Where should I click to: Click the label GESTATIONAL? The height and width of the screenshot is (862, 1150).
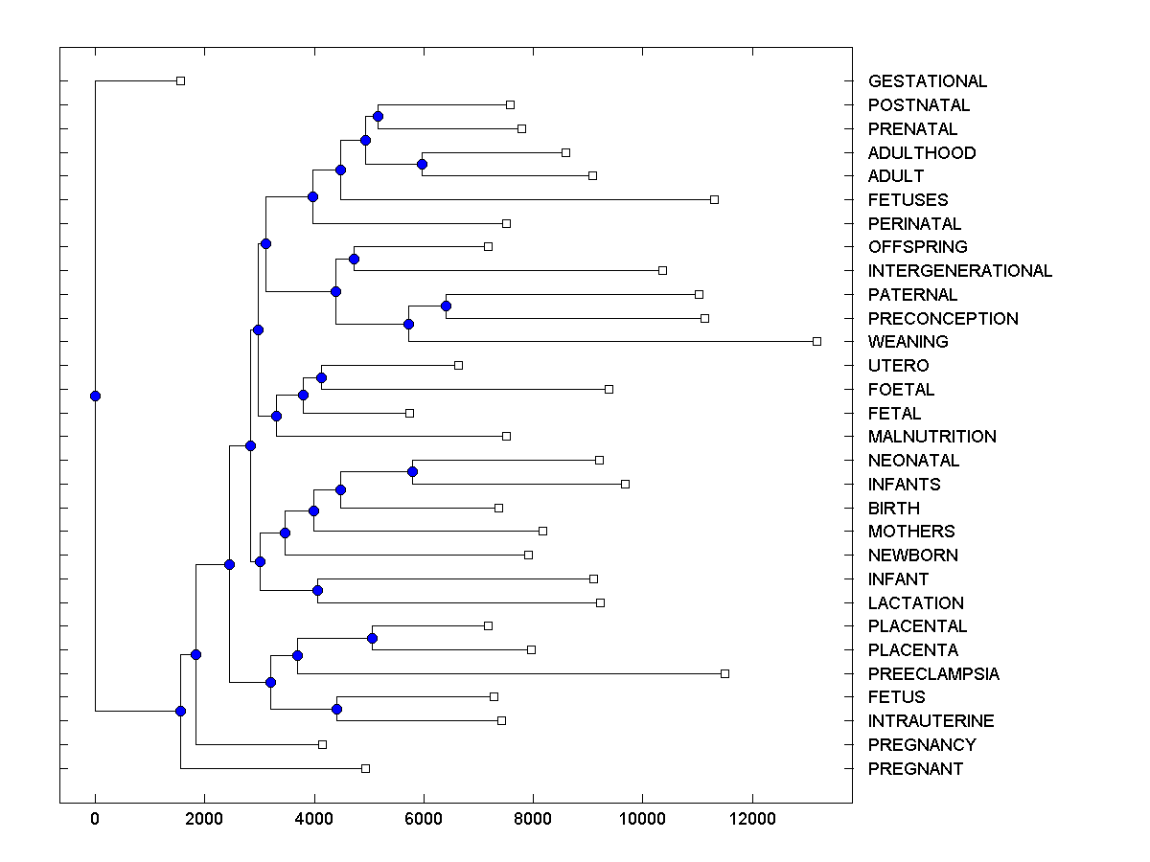tap(927, 81)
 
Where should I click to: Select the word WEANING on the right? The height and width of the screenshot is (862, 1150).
tap(908, 342)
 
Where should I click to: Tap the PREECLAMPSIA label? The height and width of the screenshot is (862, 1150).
tap(933, 674)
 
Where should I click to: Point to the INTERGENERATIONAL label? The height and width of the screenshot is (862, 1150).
tap(959, 271)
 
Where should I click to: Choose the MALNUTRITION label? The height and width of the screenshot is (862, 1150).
tap(931, 437)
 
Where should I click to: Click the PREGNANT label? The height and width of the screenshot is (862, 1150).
tap(915, 769)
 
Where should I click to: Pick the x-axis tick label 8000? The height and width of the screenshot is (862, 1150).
tap(533, 818)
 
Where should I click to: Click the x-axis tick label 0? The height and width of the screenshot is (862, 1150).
tap(95, 818)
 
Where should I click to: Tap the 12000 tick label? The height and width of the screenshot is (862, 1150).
tap(751, 818)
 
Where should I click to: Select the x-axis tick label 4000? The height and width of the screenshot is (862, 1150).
tap(313, 818)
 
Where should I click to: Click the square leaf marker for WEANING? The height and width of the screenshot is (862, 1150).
tap(816, 341)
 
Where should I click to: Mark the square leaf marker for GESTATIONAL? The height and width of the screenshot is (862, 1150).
tap(180, 80)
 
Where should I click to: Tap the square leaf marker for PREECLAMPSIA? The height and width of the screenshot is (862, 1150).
tap(724, 673)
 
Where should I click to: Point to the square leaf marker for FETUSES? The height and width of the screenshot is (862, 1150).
tap(714, 199)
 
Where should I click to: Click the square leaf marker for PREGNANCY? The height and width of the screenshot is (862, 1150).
tap(322, 744)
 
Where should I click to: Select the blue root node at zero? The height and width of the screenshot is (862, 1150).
tap(95, 396)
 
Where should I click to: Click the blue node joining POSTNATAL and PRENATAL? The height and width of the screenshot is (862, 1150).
tap(378, 116)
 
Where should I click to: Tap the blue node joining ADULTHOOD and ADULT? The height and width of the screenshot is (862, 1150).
tap(422, 164)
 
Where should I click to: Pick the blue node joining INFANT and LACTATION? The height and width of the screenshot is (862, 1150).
tap(317, 590)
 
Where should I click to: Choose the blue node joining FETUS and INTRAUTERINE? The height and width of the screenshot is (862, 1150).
tap(336, 709)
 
